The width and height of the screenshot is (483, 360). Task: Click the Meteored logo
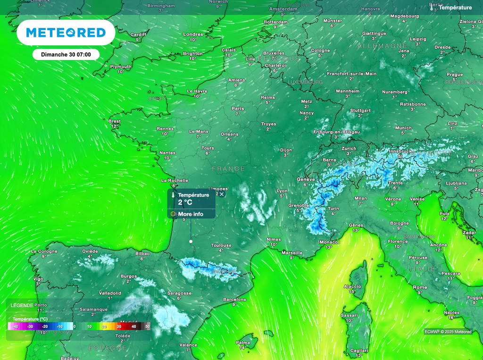tap(66, 33)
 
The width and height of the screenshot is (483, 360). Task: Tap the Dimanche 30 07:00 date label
tap(66, 55)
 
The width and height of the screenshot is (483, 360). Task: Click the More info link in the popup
tap(191, 214)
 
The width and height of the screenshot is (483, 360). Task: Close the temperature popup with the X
tap(222, 194)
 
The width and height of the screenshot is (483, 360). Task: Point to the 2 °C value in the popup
tap(185, 202)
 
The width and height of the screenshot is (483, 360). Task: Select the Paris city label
tap(238, 109)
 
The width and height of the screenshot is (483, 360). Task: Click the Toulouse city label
tap(221, 245)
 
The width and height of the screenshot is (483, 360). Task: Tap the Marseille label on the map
tap(292, 252)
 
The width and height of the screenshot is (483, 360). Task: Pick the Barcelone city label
tap(234, 300)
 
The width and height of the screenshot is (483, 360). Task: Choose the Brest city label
tap(115, 121)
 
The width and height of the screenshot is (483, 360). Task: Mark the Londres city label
tap(193, 34)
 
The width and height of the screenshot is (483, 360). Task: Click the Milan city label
tap(360, 198)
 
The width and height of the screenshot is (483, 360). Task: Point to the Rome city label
tap(420, 287)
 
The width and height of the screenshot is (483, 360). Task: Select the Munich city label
tap(403, 128)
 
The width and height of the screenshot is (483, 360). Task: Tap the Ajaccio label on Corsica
tap(352, 286)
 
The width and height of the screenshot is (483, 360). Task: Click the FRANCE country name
tap(228, 168)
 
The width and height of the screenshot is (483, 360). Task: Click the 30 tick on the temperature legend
tap(119, 327)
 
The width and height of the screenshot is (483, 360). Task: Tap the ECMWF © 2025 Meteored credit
tap(448, 332)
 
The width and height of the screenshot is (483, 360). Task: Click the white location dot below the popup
tap(191, 241)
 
